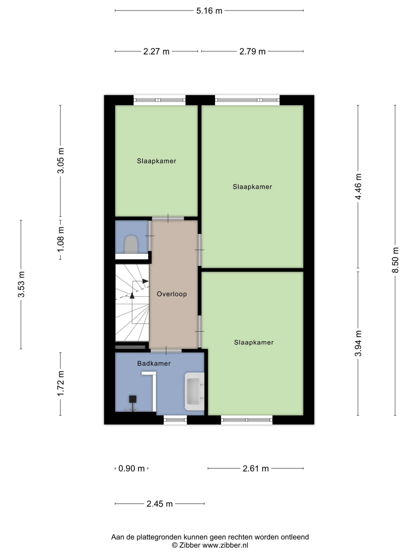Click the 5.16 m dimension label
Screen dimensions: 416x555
tap(209, 11)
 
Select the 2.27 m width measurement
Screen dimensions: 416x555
tap(156, 51)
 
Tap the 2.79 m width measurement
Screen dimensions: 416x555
tap(252, 51)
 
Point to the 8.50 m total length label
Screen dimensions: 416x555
tap(395, 260)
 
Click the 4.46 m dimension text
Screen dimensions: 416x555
tap(358, 187)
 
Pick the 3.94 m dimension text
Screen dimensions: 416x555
tap(358, 343)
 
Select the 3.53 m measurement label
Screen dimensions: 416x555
tap(21, 284)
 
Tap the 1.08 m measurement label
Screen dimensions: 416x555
tap(60, 239)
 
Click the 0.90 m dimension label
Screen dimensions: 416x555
tap(131, 468)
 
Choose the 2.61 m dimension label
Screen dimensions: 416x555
tap(255, 468)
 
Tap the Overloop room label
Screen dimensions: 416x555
tap(172, 294)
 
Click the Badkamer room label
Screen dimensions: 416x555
tap(154, 363)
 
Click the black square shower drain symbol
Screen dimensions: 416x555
tap(133, 399)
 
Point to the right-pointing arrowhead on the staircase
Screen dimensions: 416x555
tap(145, 281)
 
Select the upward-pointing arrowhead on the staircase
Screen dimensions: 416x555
tap(132, 295)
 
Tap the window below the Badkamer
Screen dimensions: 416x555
tap(175, 420)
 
